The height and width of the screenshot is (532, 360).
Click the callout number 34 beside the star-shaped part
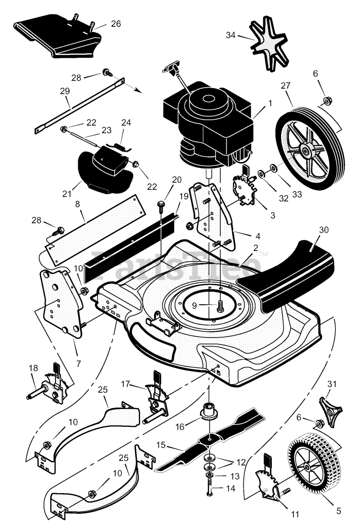[x=230, y=35]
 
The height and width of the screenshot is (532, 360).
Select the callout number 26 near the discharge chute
[x=116, y=24]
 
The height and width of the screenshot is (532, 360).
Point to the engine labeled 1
[x=208, y=123]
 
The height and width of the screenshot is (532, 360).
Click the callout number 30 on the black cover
[x=324, y=230]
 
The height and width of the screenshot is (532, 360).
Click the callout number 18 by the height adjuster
[x=33, y=368]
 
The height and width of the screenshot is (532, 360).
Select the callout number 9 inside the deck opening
[x=194, y=305]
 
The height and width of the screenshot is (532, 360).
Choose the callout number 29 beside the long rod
[x=65, y=91]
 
